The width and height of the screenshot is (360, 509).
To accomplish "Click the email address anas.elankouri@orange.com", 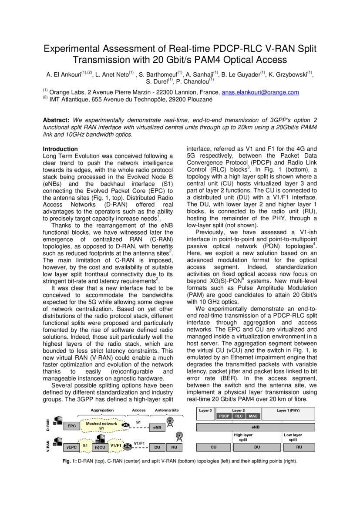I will pyautogui.click(x=260, y=92).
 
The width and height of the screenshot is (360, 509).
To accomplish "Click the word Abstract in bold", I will pyautogui.click(x=56, y=120).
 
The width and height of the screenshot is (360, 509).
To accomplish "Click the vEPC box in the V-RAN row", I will pyautogui.click(x=71, y=447).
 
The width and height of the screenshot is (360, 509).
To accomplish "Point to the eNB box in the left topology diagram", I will pyautogui.click(x=157, y=428).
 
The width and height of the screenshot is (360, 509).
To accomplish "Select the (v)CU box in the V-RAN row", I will pyautogui.click(x=101, y=447).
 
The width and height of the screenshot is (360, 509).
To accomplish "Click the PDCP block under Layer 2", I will pyautogui.click(x=224, y=416).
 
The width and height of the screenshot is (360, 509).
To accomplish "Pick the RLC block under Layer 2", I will pyautogui.click(x=239, y=416).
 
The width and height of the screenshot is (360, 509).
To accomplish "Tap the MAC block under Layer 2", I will pyautogui.click(x=253, y=416).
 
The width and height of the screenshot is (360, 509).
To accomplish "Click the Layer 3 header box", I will pyautogui.click(x=206, y=411).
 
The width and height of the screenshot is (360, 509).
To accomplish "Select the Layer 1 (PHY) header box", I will pyautogui.click(x=288, y=411).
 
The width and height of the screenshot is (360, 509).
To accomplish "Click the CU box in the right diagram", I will pyautogui.click(x=213, y=447).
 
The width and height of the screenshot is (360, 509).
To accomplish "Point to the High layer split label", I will pyautogui.click(x=243, y=437).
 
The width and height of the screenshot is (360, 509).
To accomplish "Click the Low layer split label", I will pyautogui.click(x=293, y=437).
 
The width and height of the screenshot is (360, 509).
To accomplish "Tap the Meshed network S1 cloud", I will pyautogui.click(x=101, y=425).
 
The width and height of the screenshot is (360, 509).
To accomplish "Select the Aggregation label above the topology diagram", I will pyautogui.click(x=102, y=410).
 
